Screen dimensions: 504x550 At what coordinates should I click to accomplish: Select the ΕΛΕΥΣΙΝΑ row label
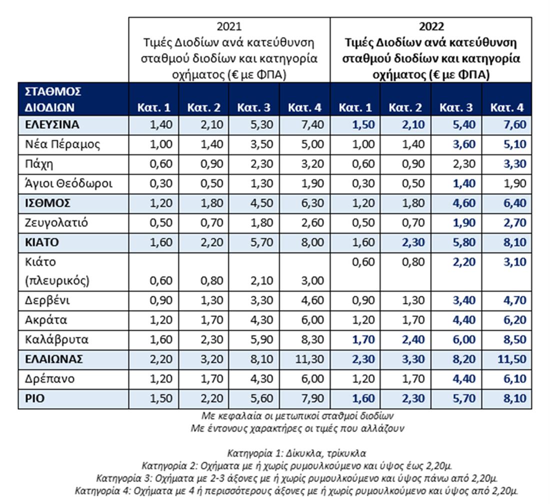tap(52, 125)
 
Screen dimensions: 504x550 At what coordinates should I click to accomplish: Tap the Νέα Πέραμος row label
tap(62, 144)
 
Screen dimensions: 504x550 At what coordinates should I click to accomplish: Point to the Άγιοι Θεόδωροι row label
tap(68, 184)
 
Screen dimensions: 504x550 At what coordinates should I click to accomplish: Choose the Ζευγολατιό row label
tap(56, 223)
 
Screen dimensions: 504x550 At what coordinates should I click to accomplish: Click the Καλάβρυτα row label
tap(56, 340)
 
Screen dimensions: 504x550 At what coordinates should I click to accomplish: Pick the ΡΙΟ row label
tap(34, 399)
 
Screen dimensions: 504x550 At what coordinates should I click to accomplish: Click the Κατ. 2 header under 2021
tap(203, 107)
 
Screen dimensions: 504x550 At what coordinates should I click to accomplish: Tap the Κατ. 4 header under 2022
tap(507, 107)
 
